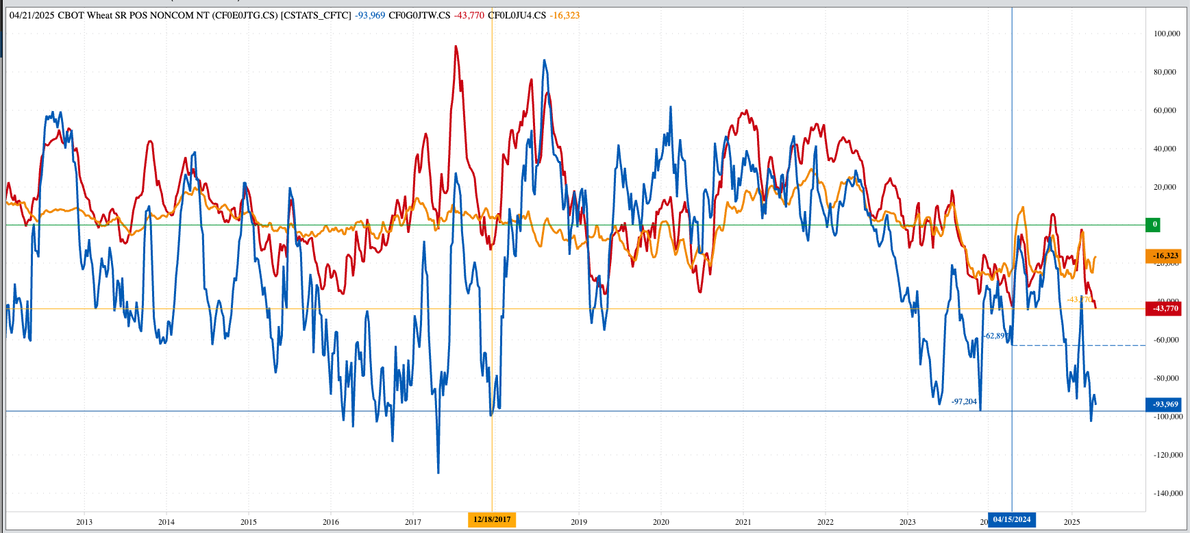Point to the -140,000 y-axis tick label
click(1165, 493)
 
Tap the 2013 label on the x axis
click(84, 522)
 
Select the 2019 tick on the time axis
click(579, 522)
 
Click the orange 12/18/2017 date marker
click(492, 519)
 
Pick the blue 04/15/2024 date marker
click(1012, 519)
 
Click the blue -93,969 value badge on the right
click(1164, 404)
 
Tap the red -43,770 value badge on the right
click(1164, 308)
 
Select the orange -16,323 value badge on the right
click(1164, 256)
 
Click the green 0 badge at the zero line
click(1154, 224)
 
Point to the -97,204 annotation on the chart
click(964, 401)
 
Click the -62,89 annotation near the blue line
click(995, 336)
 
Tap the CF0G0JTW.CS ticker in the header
click(419, 15)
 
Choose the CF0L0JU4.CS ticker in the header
click(518, 15)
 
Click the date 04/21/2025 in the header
click(32, 15)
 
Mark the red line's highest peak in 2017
click(456, 47)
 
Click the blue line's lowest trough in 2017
click(438, 472)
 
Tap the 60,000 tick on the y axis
click(1165, 110)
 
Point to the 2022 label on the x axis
click(826, 522)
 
